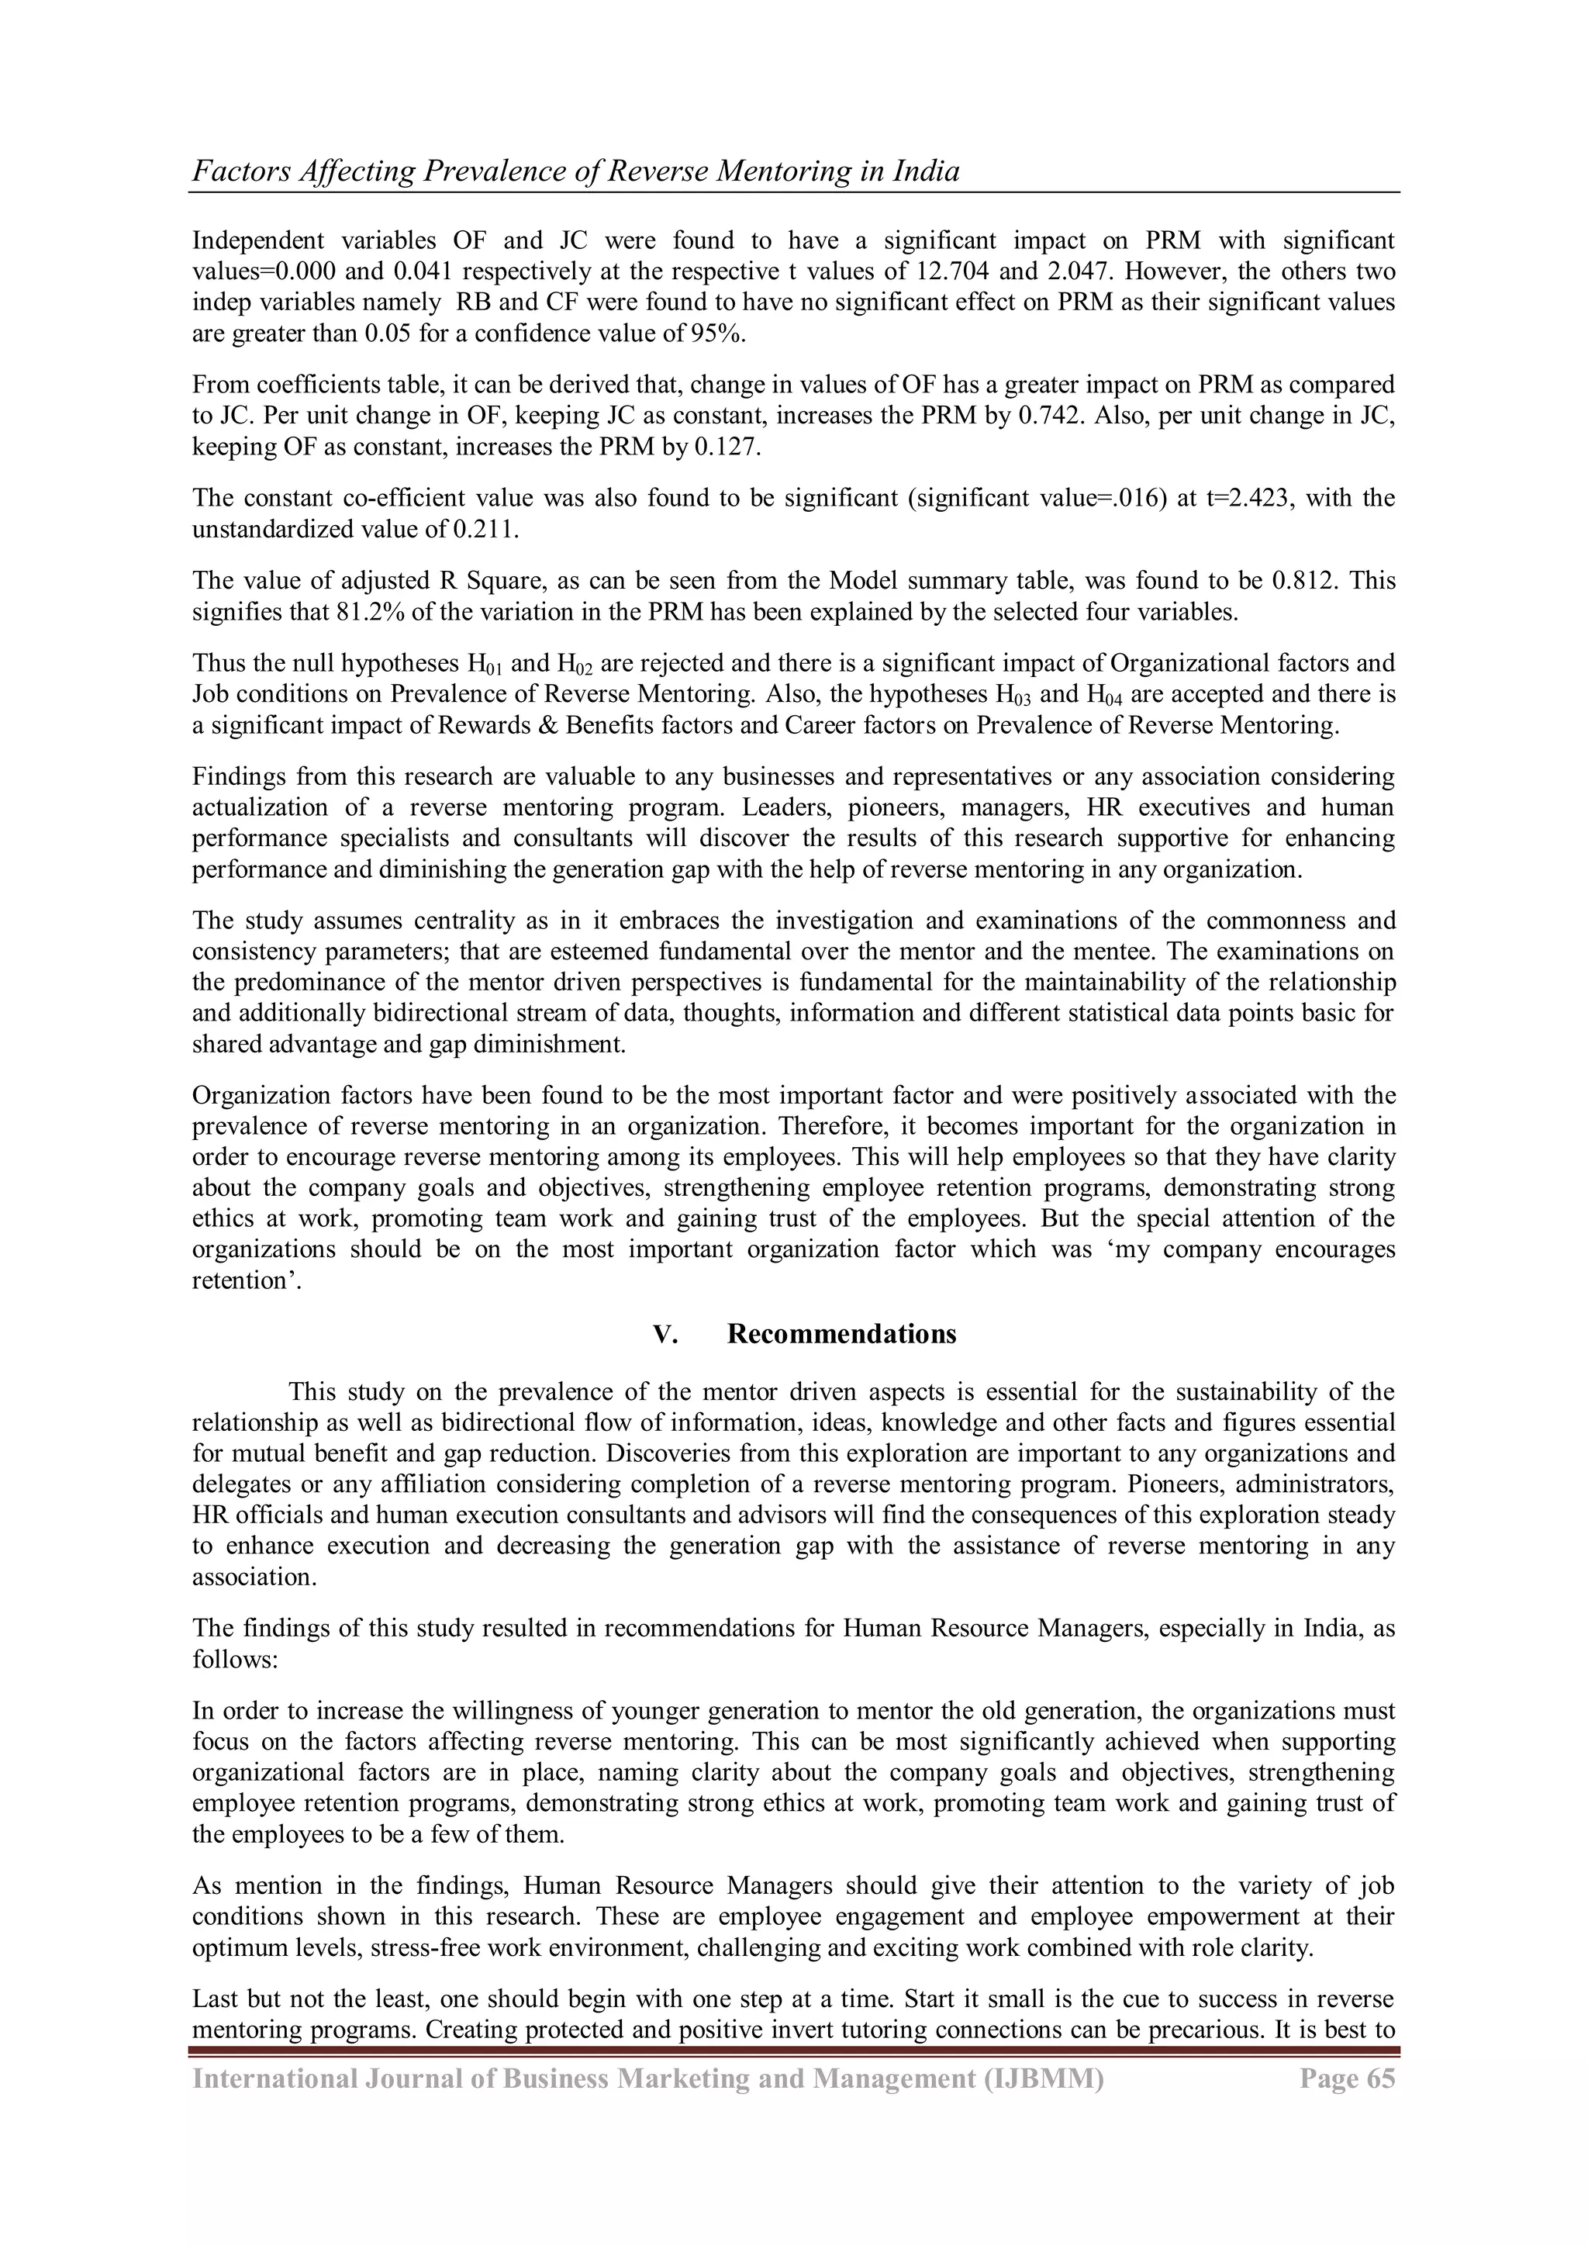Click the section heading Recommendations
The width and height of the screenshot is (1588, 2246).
pyautogui.click(x=841, y=1334)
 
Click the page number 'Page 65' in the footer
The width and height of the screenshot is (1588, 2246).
pyautogui.click(x=1347, y=2099)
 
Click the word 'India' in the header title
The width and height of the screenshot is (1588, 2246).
pyautogui.click(x=926, y=171)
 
